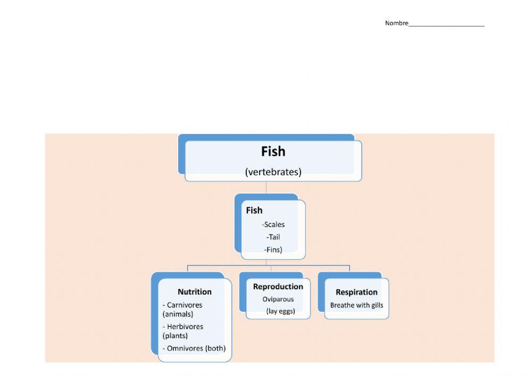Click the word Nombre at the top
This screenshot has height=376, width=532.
[396, 23]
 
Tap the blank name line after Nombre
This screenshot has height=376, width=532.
[446, 24]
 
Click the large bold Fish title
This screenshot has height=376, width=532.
[273, 152]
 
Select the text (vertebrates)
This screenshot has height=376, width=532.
[273, 172]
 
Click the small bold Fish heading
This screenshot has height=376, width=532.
[254, 211]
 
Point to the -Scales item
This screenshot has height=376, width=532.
[273, 224]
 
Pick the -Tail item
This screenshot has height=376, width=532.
[273, 237]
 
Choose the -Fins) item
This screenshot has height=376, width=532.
[273, 249]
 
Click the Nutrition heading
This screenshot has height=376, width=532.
[195, 292]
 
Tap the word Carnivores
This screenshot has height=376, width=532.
[185, 305]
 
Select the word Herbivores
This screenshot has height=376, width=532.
[185, 327]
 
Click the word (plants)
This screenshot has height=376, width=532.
[175, 336]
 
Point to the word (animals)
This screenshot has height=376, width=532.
[178, 314]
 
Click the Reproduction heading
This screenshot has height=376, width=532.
[278, 287]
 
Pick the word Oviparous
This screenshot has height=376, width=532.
[278, 299]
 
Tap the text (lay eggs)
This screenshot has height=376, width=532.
[280, 311]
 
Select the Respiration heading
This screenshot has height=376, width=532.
[356, 293]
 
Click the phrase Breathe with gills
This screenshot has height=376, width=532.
[356, 305]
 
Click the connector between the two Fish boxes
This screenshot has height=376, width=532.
[266, 187]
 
